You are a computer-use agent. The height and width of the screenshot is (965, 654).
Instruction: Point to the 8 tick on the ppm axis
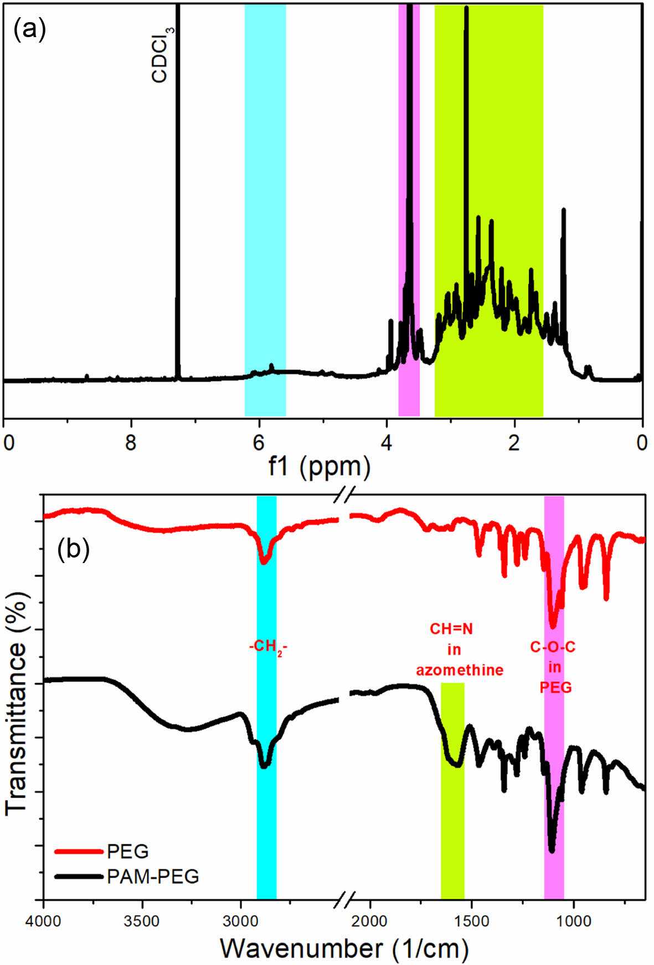point(131,443)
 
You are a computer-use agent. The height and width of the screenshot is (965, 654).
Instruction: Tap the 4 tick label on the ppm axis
point(387,443)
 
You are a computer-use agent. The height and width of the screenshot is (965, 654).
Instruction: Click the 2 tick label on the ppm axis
point(514,443)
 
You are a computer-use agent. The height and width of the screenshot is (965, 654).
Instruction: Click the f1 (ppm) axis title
point(320,466)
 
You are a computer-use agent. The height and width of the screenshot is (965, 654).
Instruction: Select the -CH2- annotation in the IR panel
point(268,647)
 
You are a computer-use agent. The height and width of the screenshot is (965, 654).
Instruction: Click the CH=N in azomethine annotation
point(459,649)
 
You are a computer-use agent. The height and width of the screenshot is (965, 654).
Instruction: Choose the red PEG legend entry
point(103,851)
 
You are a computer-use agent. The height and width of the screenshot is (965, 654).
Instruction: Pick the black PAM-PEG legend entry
point(127,876)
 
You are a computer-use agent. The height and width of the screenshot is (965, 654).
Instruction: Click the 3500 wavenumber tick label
point(142,921)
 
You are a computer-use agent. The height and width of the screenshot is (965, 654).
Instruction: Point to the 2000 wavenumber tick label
point(370,921)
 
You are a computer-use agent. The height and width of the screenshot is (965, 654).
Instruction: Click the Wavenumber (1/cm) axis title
point(344,948)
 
